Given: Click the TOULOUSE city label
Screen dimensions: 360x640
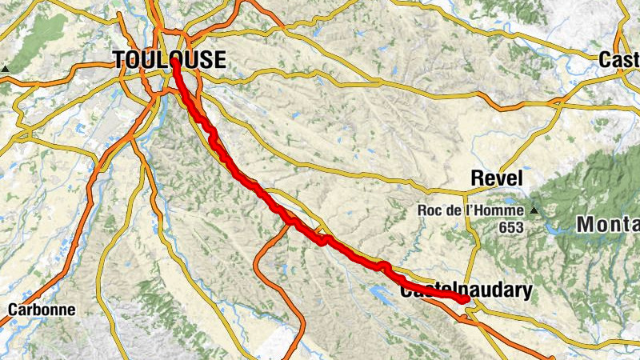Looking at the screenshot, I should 170,60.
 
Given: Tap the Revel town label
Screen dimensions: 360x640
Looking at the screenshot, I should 496,178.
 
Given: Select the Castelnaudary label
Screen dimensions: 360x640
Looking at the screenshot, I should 465,292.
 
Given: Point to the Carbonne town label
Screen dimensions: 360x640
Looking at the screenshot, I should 42,310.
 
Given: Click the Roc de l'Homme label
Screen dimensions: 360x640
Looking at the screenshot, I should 470,210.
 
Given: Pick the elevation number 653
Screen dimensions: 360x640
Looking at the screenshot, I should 513,228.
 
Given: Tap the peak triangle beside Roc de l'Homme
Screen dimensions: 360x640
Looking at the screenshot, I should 533,210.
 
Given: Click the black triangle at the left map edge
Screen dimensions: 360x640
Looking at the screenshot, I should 5,69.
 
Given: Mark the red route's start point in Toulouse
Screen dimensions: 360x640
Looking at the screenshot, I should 174,62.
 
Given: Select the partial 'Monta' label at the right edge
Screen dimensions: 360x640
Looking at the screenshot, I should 608,226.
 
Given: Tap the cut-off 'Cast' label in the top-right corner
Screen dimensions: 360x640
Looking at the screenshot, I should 619,60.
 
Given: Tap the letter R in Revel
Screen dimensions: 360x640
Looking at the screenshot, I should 477,178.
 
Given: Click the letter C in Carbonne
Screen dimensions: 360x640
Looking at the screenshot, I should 13,310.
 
